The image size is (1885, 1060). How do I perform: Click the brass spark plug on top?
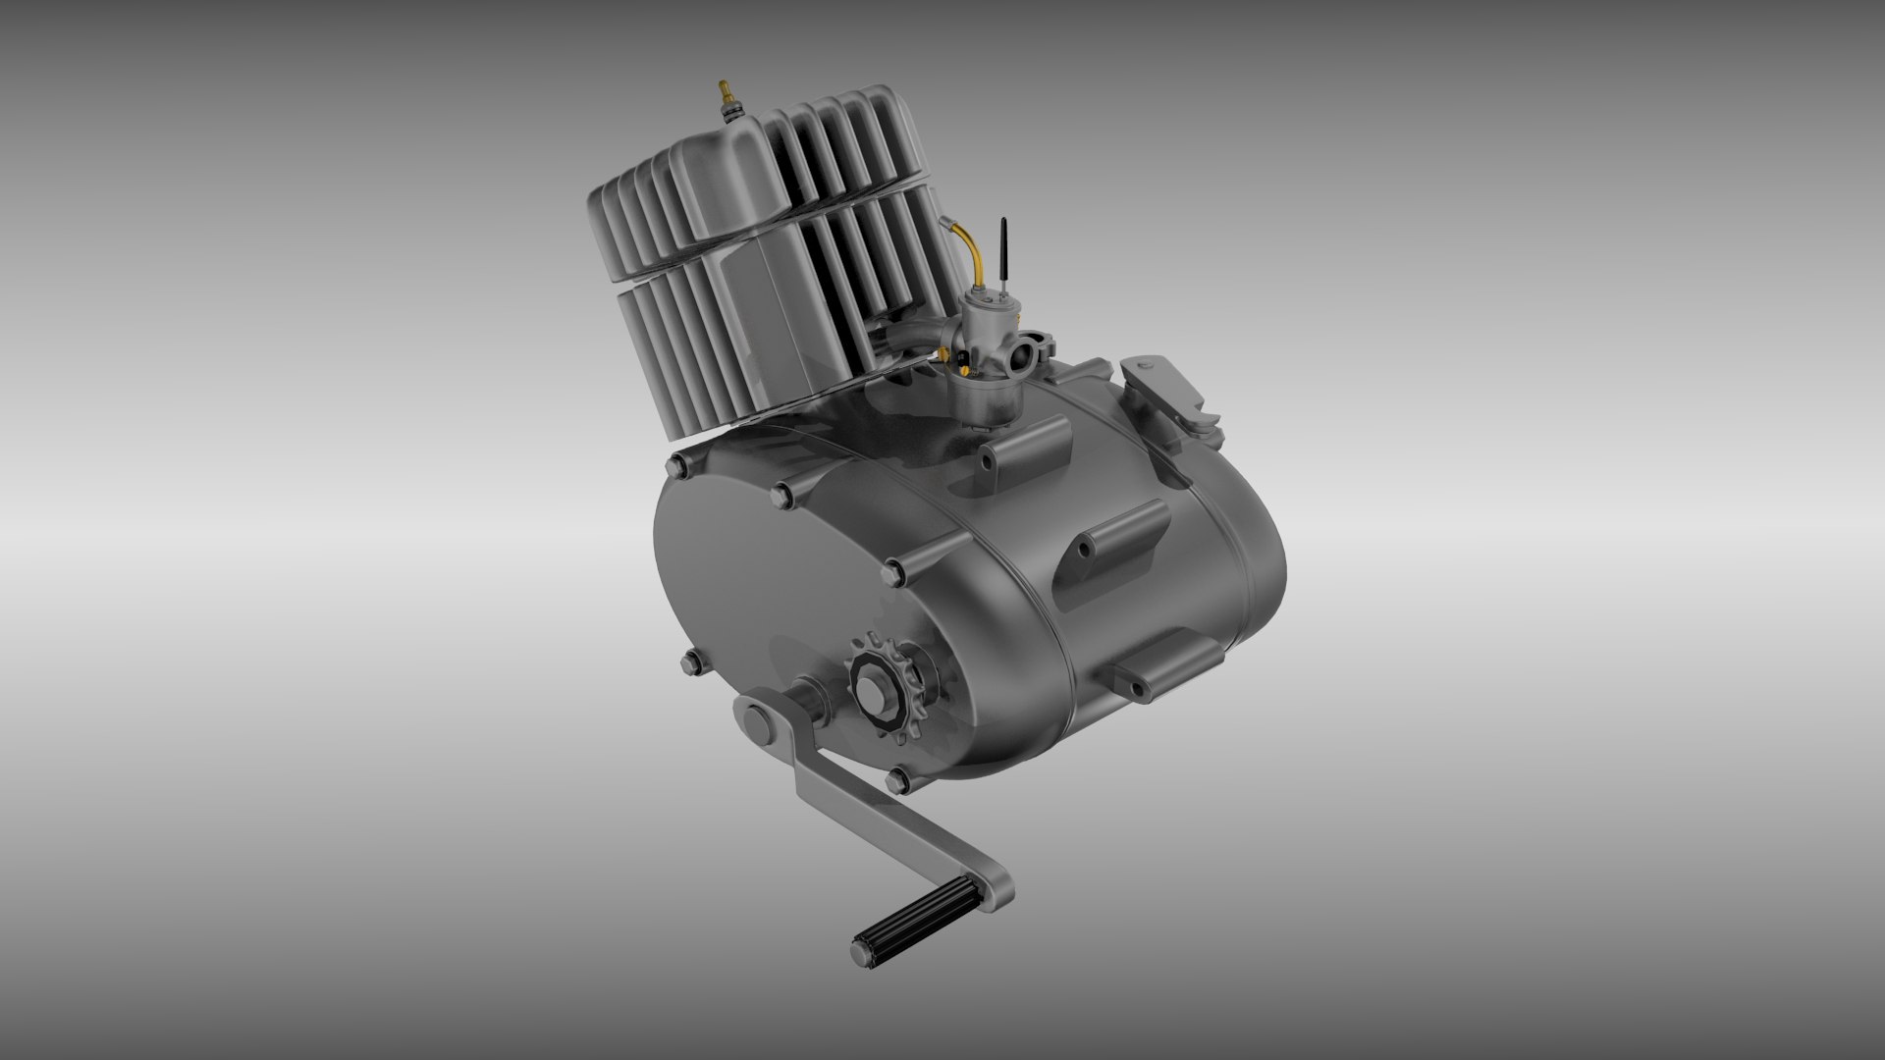point(726,97)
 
